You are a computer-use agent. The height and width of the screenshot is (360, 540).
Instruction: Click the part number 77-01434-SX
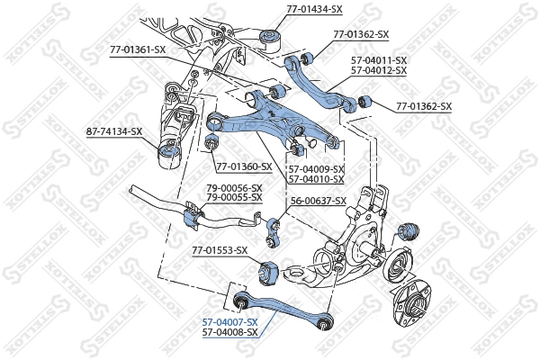(x=314, y=8)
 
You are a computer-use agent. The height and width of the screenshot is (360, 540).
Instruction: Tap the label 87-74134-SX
(x=114, y=131)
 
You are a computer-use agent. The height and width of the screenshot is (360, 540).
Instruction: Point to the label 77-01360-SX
(x=244, y=166)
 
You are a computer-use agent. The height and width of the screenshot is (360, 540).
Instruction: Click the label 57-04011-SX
(x=378, y=59)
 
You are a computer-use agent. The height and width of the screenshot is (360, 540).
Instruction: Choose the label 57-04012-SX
(x=378, y=69)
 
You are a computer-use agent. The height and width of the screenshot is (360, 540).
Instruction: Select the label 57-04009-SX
(x=317, y=168)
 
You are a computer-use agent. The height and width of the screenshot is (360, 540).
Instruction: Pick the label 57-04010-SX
(x=317, y=178)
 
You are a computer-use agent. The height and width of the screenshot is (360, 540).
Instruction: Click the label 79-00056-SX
(x=233, y=187)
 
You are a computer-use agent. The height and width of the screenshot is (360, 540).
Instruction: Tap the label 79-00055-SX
(x=233, y=197)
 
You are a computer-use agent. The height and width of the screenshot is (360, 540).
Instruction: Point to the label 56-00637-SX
(x=318, y=201)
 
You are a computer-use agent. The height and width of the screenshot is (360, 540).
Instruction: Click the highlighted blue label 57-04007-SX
(x=229, y=322)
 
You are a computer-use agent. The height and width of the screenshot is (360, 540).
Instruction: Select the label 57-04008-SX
(x=229, y=332)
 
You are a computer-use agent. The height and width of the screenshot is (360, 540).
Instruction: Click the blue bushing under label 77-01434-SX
(x=271, y=38)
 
